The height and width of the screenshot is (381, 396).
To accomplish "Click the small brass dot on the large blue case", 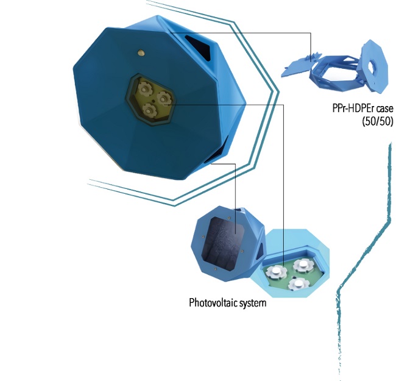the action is point(141,54).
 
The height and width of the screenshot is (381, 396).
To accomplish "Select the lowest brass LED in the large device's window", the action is point(149,110).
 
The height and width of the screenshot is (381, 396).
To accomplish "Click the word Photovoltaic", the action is point(210,302).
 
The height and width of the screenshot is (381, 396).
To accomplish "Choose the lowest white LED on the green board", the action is point(296,283).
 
